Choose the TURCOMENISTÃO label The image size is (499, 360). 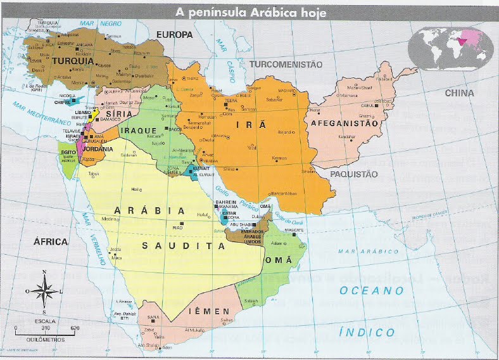click(286, 65)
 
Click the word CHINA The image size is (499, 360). click(459, 93)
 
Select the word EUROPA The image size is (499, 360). click(174, 34)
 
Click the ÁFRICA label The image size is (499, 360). click(51, 241)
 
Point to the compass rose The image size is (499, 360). click(44, 293)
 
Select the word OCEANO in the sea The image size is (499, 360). click(371, 291)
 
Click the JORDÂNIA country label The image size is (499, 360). click(98, 149)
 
